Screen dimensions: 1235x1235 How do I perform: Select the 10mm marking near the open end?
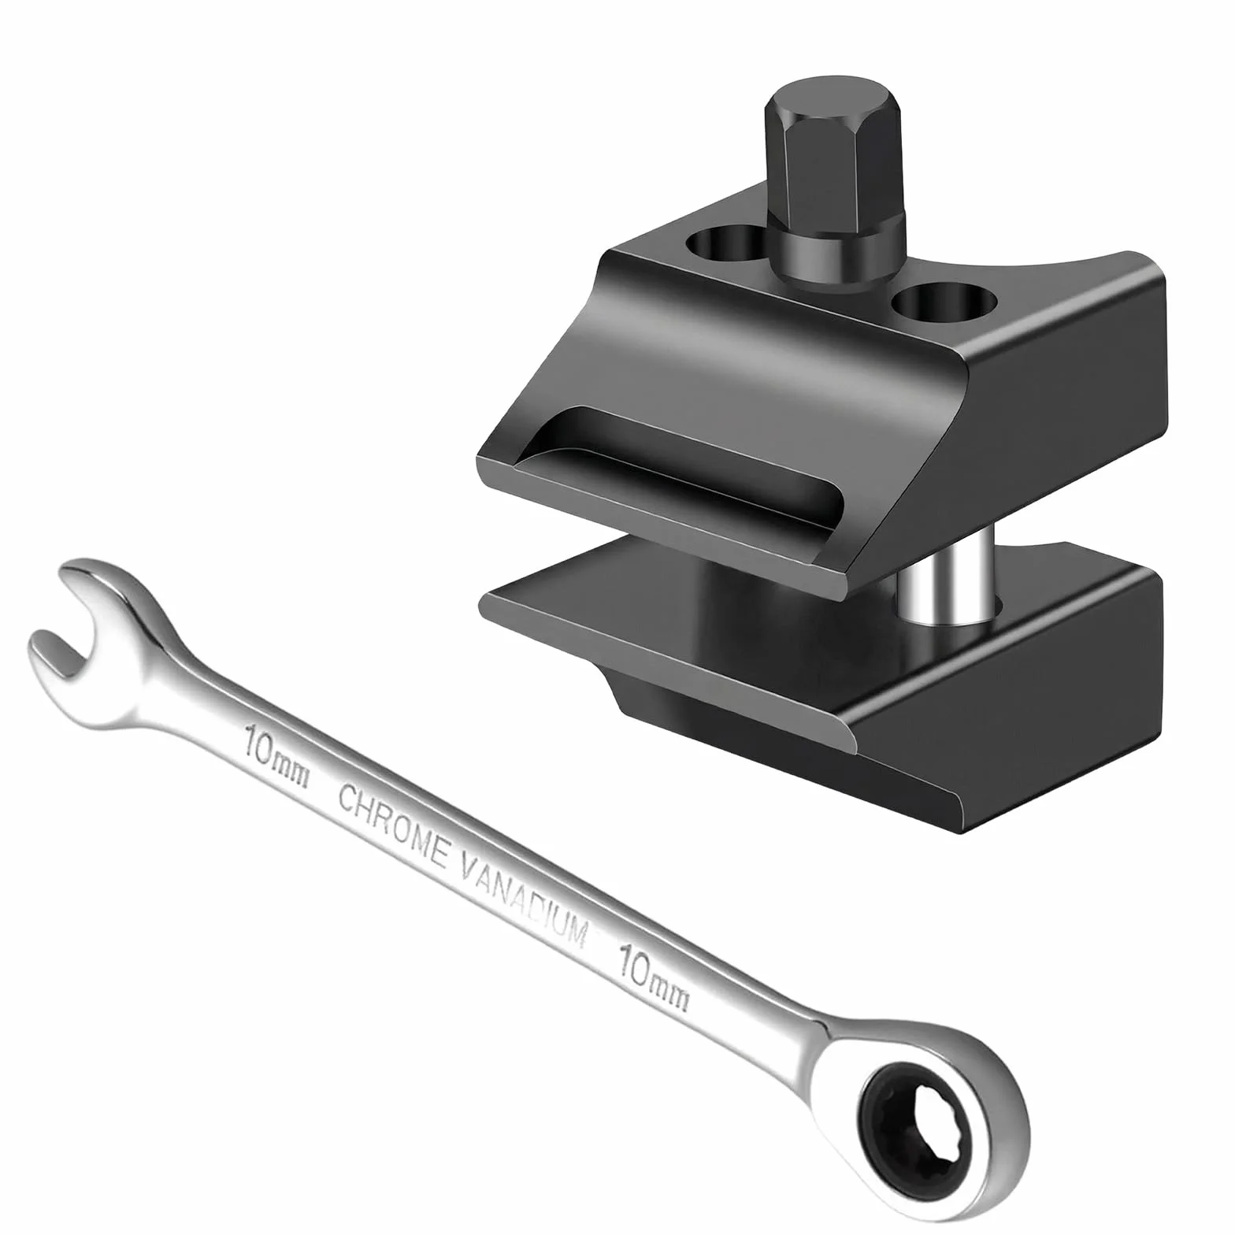276,756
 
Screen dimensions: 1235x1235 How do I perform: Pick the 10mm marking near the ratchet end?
654,974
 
